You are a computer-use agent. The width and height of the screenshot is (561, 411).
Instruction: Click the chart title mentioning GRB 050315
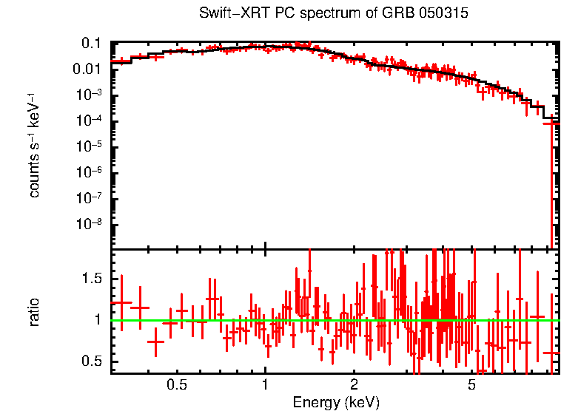(x=334, y=14)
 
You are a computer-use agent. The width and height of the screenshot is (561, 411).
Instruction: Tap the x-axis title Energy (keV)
(x=336, y=402)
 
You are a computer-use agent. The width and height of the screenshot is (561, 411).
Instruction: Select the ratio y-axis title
(x=34, y=312)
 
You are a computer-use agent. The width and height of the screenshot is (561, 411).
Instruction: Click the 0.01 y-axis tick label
(x=87, y=69)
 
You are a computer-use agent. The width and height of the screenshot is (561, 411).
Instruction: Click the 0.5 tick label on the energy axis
(x=176, y=385)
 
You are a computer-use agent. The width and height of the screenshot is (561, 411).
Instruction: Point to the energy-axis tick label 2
(x=354, y=385)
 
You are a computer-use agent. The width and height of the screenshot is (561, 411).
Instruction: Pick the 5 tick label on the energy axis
(x=471, y=385)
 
